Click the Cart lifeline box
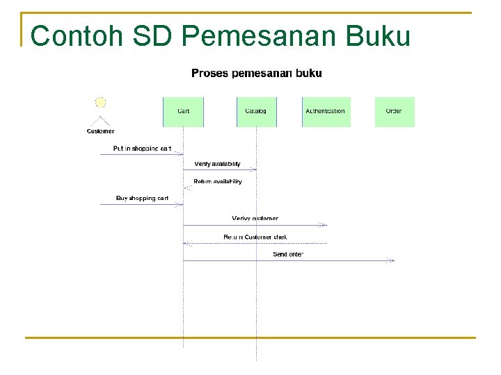coord(183,112)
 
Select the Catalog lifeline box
coord(256,112)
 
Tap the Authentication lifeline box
coord(326,112)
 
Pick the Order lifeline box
coord(394,112)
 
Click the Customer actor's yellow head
coord(100,103)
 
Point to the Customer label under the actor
coord(100,131)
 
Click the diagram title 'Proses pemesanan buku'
coord(256,73)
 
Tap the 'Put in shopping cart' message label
coord(142,149)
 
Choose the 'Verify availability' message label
coord(217,165)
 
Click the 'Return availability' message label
coord(217,182)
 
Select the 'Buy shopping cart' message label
coord(142,199)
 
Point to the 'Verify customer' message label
coord(255,219)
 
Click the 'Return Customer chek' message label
coord(255,237)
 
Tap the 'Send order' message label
coord(288,255)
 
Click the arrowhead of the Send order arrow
coord(392,261)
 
